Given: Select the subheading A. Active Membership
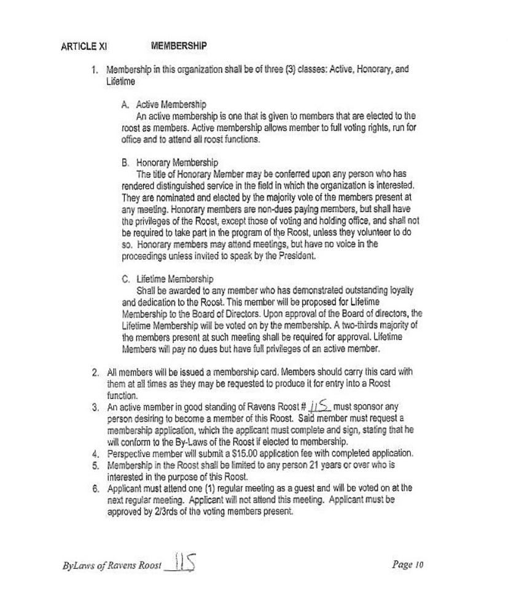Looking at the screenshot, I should click(164, 104).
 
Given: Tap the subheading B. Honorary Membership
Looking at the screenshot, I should click(170, 163).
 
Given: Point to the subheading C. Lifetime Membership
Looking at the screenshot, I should click(168, 280).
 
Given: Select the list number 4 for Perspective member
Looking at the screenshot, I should click(95, 453).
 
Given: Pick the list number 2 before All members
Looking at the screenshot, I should click(95, 372).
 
